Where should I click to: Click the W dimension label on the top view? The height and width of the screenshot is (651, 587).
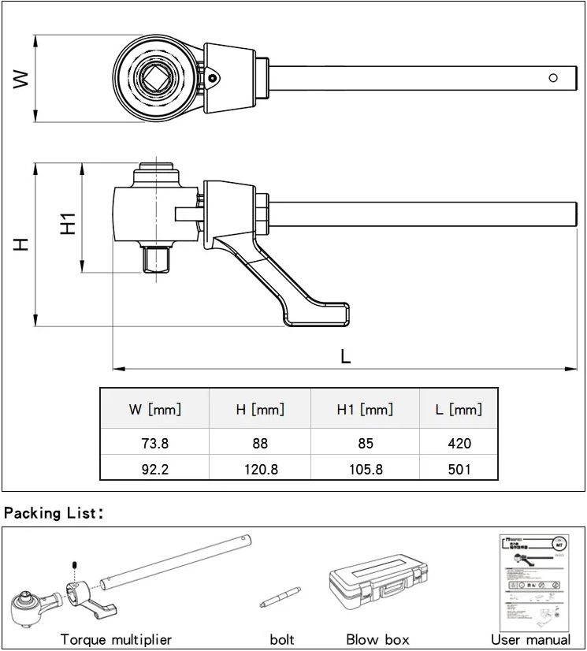coord(21,77)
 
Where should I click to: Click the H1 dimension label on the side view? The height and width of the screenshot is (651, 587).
coord(69,223)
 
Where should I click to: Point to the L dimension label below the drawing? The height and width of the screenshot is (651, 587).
coord(345,355)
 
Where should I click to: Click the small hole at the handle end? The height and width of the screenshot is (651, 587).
coord(553,77)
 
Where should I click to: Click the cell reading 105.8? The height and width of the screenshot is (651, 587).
coord(364,470)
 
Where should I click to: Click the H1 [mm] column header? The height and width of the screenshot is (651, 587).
coord(364,410)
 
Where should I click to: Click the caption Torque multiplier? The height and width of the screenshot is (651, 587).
coord(116,639)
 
